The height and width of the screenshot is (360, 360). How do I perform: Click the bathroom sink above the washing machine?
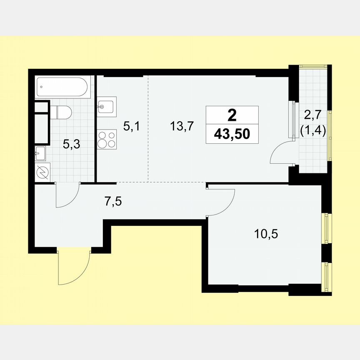coord(41,153)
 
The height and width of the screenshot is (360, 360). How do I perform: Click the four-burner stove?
coord(107,139)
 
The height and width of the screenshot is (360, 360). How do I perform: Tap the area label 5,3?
coord(71,145)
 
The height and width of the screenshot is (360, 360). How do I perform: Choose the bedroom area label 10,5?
coord(266,233)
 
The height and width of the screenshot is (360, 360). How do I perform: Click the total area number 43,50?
coord(232,134)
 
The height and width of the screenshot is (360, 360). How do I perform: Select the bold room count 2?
coord(232,114)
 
